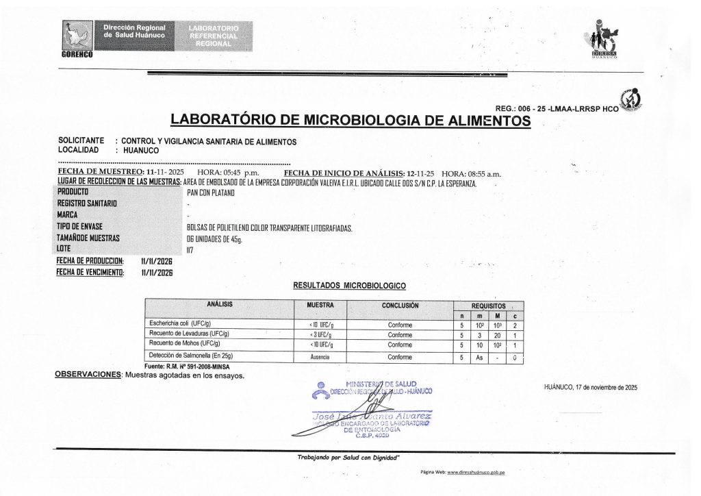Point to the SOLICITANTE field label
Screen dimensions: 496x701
click(x=81, y=140)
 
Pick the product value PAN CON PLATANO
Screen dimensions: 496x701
click(x=210, y=193)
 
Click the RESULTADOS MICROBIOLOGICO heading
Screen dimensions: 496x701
click(x=349, y=284)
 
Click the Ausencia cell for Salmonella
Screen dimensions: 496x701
click(x=320, y=357)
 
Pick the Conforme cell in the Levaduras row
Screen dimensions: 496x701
click(x=400, y=334)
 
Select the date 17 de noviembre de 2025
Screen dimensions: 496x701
click(x=590, y=387)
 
